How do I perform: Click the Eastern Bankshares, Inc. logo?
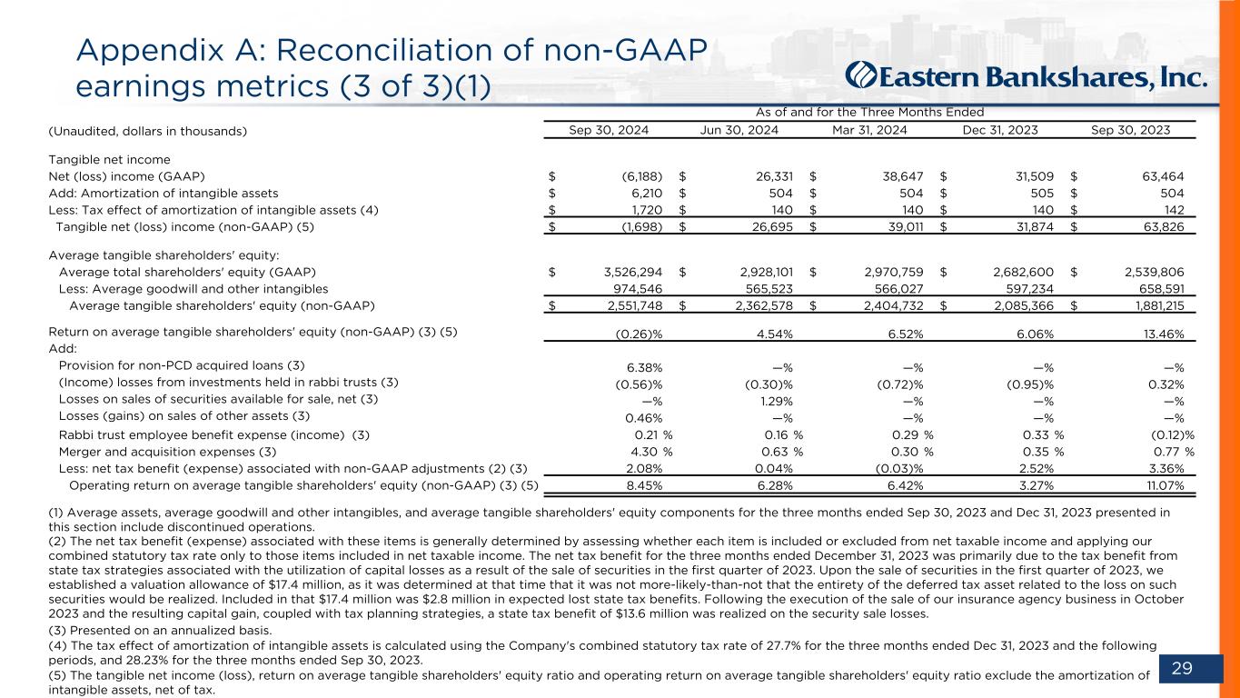1027,75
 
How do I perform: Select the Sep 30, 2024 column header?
608,131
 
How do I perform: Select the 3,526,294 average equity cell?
627,272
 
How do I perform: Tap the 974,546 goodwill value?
634,288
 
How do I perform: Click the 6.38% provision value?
643,367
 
